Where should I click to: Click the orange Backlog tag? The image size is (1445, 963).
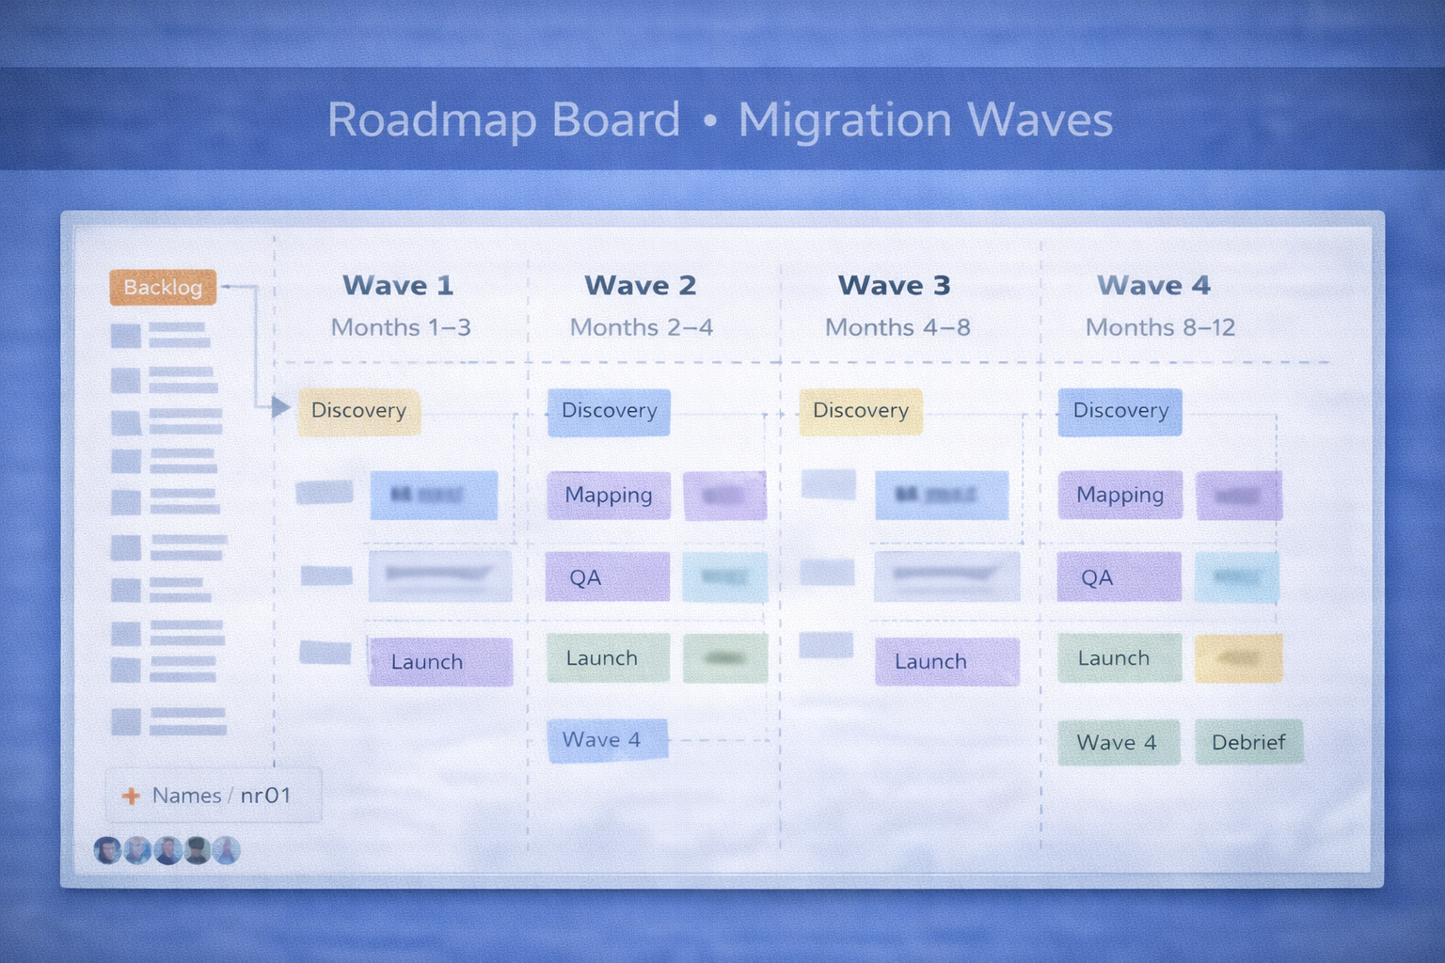(163, 287)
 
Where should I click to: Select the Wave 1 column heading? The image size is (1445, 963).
(398, 285)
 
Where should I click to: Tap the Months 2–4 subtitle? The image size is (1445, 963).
(642, 327)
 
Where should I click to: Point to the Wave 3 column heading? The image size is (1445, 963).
(894, 285)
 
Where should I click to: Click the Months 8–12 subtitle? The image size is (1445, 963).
(1160, 327)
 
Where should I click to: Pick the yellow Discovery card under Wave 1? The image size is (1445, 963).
(358, 411)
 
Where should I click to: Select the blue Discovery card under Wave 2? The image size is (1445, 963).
(609, 411)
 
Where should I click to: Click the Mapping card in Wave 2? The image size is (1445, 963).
(608, 495)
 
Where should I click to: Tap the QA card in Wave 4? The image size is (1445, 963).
(1118, 576)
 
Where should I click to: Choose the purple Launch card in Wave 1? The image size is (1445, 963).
(439, 662)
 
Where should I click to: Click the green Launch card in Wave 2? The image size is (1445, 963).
(607, 658)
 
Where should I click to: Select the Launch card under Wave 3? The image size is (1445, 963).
(945, 662)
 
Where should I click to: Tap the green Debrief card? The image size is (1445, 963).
(1248, 742)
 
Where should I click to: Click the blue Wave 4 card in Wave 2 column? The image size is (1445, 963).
(607, 740)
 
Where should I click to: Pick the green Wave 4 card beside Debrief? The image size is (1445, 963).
(1118, 742)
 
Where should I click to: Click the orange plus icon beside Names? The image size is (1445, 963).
(131, 797)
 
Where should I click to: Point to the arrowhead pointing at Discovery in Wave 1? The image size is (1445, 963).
(280, 407)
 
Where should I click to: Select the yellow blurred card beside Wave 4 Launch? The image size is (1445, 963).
(1238, 658)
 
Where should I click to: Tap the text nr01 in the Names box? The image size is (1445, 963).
(265, 796)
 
